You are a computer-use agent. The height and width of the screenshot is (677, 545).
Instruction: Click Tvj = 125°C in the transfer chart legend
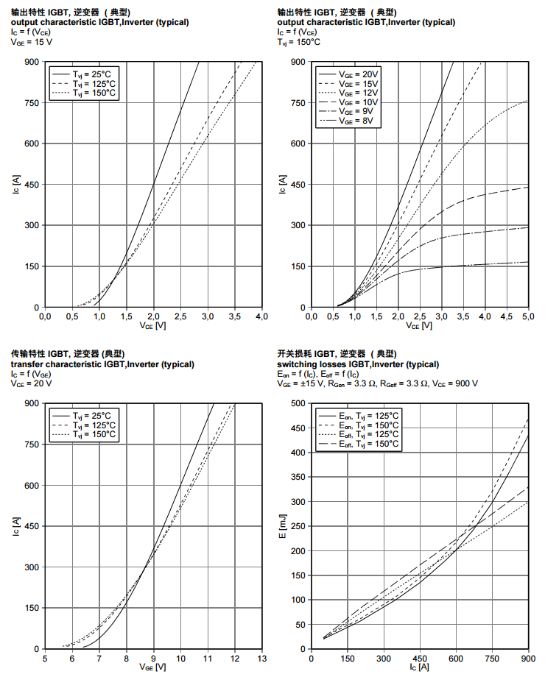click(94, 425)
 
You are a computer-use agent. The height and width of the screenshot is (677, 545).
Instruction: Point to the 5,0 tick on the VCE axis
click(528, 316)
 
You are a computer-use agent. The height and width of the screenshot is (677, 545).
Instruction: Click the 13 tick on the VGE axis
click(261, 658)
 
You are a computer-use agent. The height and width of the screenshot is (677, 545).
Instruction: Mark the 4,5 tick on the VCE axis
click(506, 316)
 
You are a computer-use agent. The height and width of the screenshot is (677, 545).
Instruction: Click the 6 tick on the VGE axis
click(72, 658)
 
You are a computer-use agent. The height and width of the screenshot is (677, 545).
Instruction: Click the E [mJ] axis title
click(283, 526)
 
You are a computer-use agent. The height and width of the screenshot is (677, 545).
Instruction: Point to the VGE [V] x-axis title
click(153, 667)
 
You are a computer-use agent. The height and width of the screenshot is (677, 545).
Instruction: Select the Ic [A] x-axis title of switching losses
click(419, 667)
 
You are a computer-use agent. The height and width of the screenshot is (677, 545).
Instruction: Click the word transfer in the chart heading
click(28, 364)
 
